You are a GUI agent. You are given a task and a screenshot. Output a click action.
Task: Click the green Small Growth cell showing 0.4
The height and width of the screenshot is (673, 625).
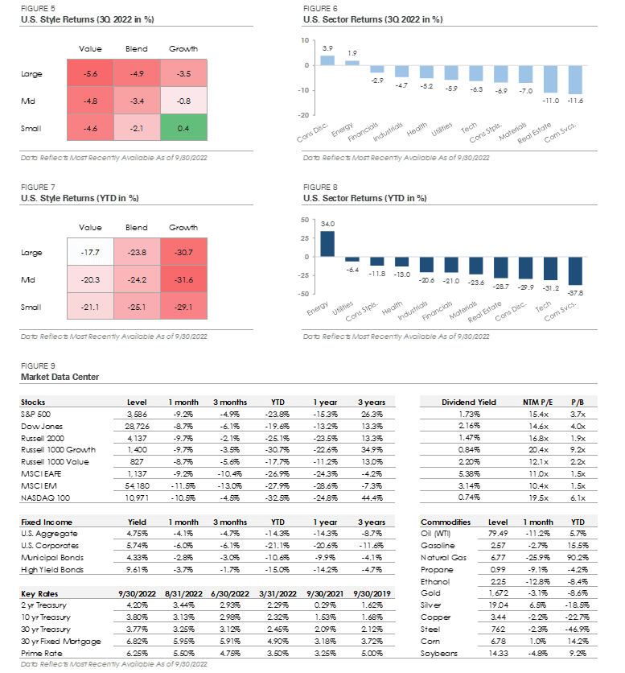[183, 129]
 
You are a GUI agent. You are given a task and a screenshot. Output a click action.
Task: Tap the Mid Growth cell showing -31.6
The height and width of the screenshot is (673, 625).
[183, 280]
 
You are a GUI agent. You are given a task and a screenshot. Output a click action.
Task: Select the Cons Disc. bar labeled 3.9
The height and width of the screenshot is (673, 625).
[327, 60]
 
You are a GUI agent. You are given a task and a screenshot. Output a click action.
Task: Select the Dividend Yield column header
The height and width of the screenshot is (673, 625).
[469, 402]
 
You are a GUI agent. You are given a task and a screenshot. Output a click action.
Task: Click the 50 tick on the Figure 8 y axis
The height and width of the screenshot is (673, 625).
[304, 218]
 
